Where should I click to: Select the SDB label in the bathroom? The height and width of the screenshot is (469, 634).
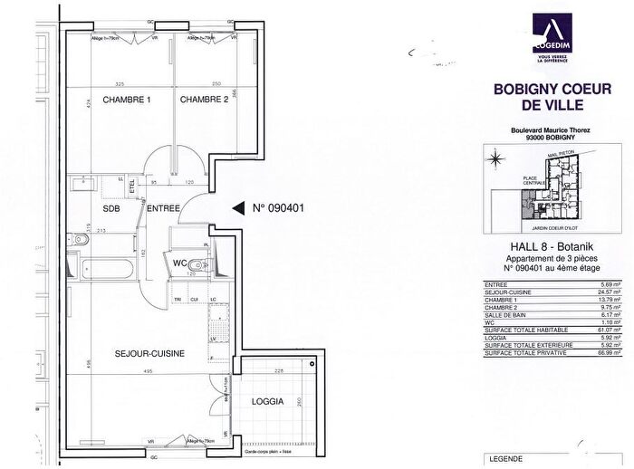[x=111, y=208]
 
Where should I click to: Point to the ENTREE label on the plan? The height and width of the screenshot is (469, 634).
[x=166, y=208]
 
